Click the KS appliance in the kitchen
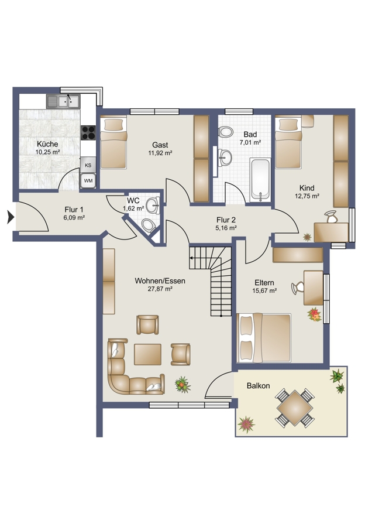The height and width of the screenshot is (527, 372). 88,165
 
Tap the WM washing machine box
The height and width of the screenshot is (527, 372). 88,181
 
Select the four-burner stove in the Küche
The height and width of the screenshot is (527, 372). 88,132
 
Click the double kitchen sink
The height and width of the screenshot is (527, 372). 63,101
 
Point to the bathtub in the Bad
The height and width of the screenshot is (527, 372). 260,180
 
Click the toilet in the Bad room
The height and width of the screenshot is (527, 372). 225,131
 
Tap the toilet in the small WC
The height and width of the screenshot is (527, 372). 148,225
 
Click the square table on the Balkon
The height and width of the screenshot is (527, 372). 295,408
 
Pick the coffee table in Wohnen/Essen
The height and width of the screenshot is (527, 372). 147,354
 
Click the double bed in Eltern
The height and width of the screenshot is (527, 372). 264,338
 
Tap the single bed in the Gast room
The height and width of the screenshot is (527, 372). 113,142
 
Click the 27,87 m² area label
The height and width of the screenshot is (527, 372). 160,289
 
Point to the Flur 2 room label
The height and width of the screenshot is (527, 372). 226,220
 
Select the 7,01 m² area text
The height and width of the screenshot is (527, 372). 250,142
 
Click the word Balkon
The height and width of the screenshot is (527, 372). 258,385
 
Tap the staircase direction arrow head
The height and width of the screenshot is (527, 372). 191,258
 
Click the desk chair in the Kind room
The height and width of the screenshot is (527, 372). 332,216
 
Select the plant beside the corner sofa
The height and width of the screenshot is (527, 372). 183,385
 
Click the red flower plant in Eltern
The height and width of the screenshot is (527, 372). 314,314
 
